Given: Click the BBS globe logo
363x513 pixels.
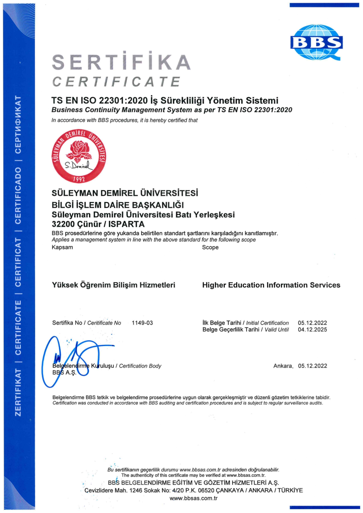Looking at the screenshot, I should coord(316,42).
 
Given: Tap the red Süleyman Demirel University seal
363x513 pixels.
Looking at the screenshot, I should coord(79,156).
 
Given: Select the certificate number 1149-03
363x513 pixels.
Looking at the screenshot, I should coord(142,323).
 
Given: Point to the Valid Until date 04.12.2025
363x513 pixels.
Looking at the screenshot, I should coord(312,330).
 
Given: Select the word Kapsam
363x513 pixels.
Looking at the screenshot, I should coord(62,247).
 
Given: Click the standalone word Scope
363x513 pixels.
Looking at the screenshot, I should coord(210,247).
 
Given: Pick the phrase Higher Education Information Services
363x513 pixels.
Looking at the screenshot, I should coord(271,285).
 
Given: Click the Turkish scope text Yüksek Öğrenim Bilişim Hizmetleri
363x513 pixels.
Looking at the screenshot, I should coord(114,285).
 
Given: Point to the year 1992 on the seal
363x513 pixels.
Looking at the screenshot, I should coord(79,179).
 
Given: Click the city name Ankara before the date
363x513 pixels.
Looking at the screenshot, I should coord(283,366).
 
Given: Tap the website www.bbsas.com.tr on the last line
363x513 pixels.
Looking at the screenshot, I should coord(194,498).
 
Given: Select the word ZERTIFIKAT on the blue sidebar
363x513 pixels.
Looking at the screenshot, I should coord(18,392).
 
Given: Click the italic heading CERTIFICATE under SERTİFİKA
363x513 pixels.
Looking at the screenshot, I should coord(116,82).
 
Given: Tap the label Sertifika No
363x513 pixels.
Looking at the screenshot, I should coord(67,323).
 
